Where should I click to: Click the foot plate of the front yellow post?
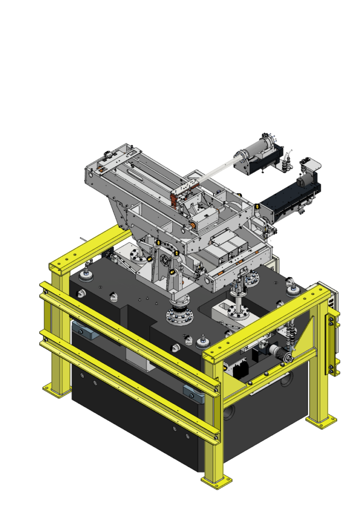[x=216, y=481]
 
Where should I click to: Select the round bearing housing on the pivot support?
[x=163, y=258]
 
